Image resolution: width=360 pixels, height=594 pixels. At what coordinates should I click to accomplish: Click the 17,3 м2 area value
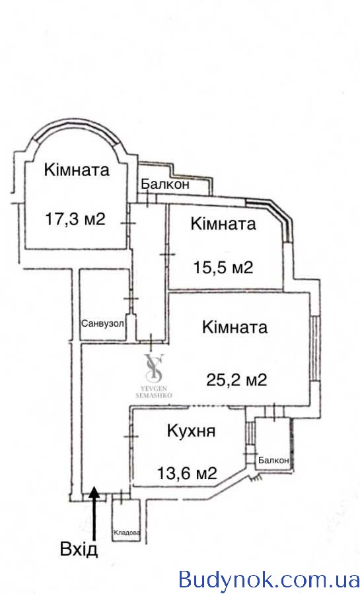click(75, 219)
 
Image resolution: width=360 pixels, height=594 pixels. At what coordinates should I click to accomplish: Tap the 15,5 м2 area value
click(223, 267)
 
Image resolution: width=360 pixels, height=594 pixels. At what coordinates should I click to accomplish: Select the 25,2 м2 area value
click(237, 379)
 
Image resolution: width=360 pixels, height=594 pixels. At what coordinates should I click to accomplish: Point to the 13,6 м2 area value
click(187, 473)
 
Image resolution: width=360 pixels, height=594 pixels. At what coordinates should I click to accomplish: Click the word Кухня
click(192, 431)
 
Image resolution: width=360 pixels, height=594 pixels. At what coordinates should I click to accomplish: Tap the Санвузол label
click(102, 324)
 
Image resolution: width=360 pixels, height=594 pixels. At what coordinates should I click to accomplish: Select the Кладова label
click(127, 533)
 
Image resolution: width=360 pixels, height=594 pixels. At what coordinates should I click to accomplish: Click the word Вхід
click(79, 548)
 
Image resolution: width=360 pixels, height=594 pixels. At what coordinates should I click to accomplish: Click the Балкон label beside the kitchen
click(273, 460)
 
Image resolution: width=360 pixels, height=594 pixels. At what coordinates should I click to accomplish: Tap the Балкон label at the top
click(165, 185)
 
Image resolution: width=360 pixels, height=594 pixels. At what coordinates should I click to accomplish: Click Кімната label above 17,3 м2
click(77, 170)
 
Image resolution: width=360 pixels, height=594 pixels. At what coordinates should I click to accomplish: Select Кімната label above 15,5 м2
click(223, 224)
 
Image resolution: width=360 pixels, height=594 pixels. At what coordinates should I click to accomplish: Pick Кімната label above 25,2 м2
click(235, 327)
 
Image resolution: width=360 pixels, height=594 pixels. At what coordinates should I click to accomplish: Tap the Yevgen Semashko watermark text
click(154, 392)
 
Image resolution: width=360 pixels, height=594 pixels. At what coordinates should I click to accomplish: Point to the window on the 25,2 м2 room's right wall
click(314, 348)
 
